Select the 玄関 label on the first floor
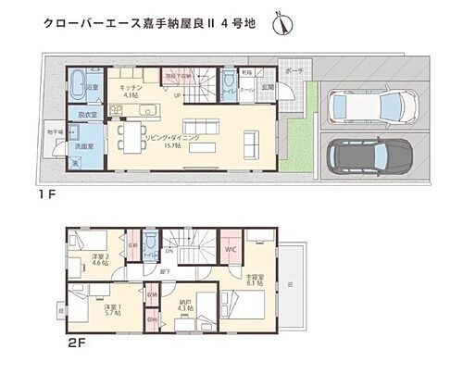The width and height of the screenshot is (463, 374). (x=267, y=87)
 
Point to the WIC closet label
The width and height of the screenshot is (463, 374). (x=231, y=249)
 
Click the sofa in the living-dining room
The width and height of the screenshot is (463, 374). (x=252, y=142)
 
